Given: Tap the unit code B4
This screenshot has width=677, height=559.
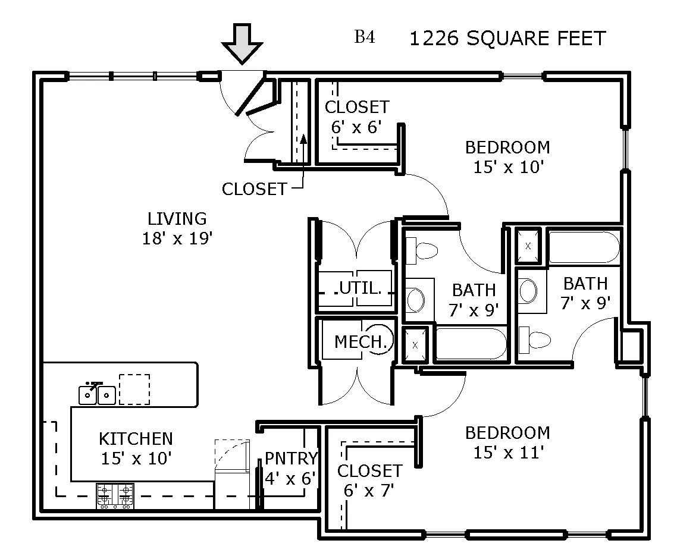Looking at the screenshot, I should point(365,38).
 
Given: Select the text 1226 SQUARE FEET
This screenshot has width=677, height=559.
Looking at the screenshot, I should point(507,39).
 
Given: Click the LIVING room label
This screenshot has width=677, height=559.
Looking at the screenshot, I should point(177,219).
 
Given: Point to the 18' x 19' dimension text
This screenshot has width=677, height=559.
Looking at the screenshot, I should point(177,238).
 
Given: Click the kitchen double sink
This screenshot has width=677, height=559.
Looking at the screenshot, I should point(98,394).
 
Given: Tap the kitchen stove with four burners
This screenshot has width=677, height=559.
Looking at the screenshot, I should point(115,496).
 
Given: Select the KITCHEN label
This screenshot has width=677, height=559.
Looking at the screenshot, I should point(136,439).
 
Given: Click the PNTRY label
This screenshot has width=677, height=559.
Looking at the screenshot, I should point(291,458).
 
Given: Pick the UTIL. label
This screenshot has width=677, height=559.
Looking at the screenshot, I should point(359,288).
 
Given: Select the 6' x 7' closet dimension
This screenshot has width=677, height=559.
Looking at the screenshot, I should point(369,491).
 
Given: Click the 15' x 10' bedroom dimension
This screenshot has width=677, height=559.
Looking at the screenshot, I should point(509,167).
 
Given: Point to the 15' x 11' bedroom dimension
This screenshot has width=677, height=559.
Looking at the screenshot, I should point(509,453).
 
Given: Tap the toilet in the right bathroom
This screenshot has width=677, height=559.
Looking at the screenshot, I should point(533,340).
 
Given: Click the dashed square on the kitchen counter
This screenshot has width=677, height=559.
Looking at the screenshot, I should point(134,389).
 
